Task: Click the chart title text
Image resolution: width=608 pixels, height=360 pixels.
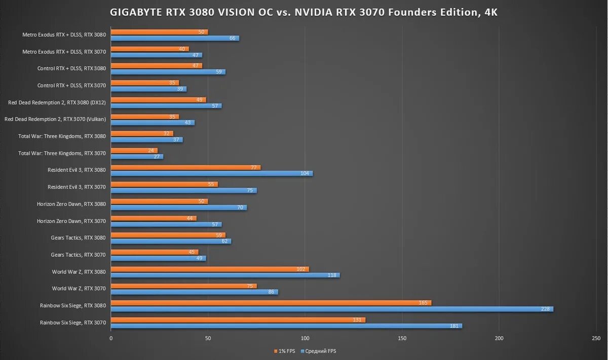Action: [304, 13]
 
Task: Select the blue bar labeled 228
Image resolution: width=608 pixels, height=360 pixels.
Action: [332, 309]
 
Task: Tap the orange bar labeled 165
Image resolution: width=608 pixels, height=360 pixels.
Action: [271, 303]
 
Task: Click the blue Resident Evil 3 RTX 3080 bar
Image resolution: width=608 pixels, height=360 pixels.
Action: [212, 173]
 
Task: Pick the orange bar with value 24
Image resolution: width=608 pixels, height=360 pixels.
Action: [134, 150]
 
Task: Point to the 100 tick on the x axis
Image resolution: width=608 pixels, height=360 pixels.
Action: [305, 338]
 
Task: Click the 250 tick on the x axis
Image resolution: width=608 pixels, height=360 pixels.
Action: [596, 338]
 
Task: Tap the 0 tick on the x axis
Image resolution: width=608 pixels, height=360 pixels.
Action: [111, 338]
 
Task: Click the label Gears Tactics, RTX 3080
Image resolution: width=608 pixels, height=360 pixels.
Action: [78, 237]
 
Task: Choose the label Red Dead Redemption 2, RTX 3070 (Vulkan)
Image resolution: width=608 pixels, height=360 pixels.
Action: [55, 119]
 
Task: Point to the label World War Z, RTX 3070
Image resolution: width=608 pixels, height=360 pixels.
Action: [79, 289]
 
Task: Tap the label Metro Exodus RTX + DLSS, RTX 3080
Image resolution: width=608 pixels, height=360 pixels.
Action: [64, 35]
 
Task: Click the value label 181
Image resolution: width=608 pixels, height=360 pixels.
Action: [454, 326]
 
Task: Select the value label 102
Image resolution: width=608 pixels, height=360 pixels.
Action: [301, 269]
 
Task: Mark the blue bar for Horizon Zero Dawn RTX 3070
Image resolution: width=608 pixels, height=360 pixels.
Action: [166, 224]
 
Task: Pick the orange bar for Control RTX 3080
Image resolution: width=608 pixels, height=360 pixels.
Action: [157, 66]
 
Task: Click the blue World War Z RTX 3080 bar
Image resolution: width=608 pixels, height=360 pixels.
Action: [225, 275]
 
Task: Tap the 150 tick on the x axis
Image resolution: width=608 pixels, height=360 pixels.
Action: [402, 338]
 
